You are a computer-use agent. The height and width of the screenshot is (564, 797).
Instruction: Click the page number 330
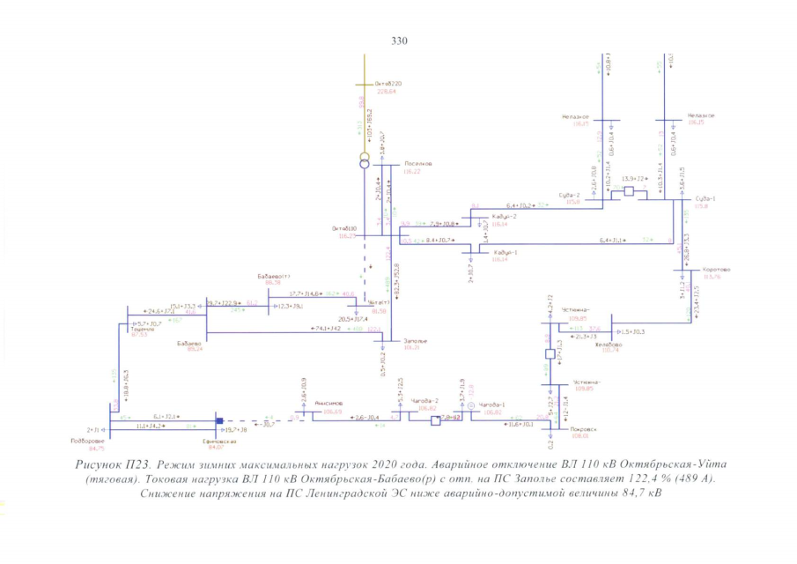click(x=398, y=41)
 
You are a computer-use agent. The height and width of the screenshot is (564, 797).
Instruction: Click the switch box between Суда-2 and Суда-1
click(x=628, y=190)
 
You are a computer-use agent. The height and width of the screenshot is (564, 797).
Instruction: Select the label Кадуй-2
click(x=505, y=217)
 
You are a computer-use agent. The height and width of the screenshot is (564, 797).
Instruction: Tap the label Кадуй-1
click(x=504, y=252)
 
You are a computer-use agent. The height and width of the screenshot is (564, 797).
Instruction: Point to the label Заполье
click(x=415, y=340)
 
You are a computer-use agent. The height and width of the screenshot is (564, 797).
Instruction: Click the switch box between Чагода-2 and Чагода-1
click(x=434, y=421)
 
